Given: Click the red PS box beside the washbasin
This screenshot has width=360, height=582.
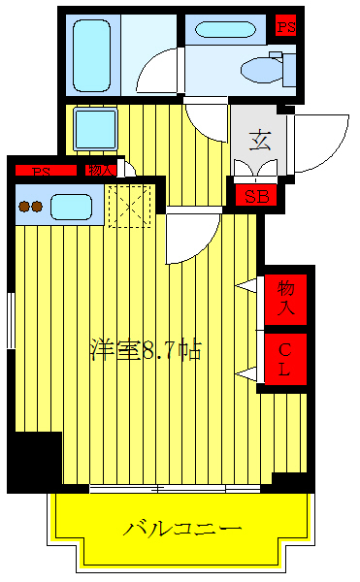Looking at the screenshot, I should pyautogui.click(x=286, y=26).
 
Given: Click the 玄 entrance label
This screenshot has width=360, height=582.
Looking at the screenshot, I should pyautogui.click(x=260, y=140).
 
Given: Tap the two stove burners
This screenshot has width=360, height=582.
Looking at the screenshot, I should pyautogui.click(x=31, y=207).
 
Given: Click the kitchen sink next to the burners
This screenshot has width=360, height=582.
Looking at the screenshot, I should pyautogui.click(x=71, y=207).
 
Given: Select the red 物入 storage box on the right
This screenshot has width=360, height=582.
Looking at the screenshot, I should pyautogui.click(x=285, y=299).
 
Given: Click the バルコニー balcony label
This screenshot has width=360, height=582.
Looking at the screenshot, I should pyautogui.click(x=181, y=530).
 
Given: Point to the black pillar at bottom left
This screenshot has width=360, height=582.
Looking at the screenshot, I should pyautogui.click(x=35, y=461).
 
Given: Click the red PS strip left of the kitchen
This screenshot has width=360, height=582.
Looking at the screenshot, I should pyautogui.click(x=44, y=172).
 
